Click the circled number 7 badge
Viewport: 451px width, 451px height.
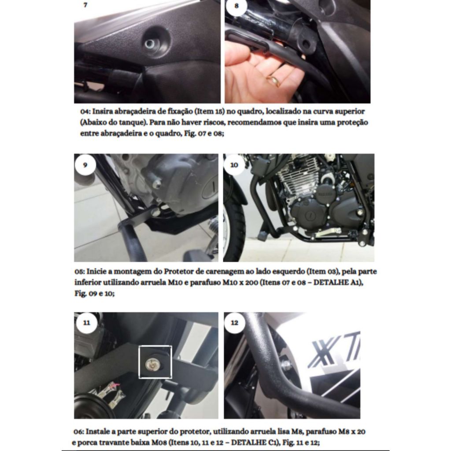click(x=85, y=5)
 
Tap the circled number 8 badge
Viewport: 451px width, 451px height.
click(x=237, y=6)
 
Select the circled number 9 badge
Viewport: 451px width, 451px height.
click(x=85, y=165)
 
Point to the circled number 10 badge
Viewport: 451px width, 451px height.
click(x=234, y=165)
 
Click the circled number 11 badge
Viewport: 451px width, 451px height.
click(x=87, y=323)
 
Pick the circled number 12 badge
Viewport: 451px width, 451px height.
click(x=235, y=323)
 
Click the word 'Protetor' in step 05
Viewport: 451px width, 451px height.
click(x=178, y=271)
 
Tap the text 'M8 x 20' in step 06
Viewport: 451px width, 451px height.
click(x=351, y=432)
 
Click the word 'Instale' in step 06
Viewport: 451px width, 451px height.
click(x=98, y=432)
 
